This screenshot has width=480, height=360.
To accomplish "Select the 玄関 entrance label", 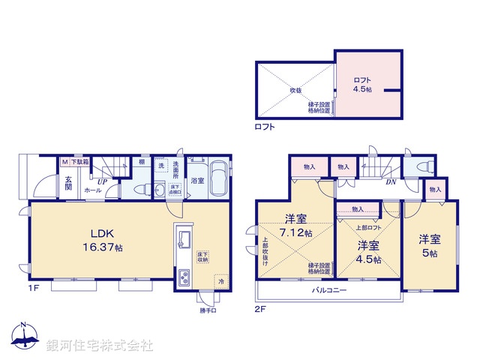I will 68,183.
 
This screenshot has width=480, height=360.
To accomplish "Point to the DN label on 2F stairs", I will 391,181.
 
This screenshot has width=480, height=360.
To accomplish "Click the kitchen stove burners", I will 184,280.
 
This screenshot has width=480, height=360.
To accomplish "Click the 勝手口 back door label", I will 208,310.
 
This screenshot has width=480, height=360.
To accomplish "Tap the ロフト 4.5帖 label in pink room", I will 363,82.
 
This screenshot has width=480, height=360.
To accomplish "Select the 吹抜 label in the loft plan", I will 295,91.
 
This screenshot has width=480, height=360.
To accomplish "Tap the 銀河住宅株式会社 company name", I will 100,346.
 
